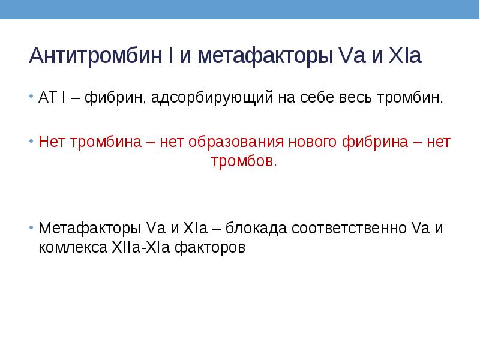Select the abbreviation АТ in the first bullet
(x=47, y=97)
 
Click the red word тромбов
(x=244, y=161)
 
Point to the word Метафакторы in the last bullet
(x=89, y=229)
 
